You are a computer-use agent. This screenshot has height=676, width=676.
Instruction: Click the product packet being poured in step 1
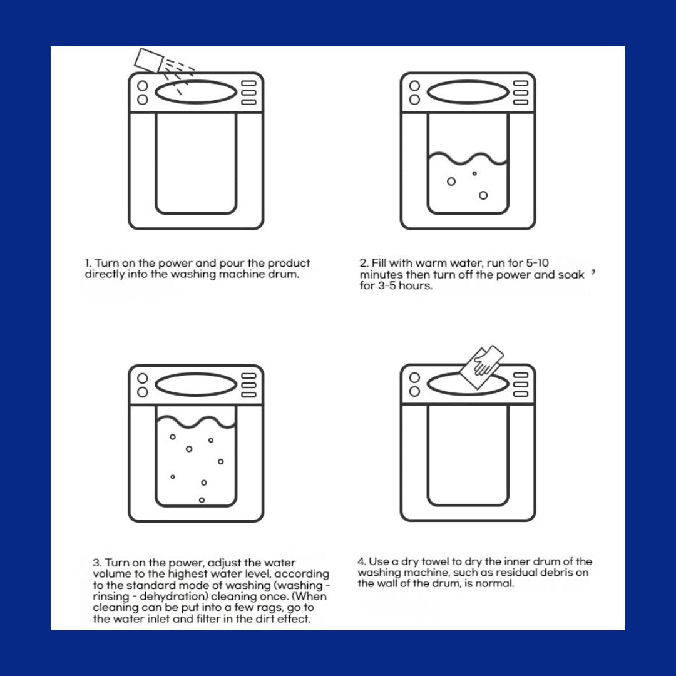point(149,60)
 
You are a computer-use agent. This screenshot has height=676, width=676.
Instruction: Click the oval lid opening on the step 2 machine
point(468,92)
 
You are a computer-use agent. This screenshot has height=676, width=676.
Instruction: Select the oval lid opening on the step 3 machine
point(196,384)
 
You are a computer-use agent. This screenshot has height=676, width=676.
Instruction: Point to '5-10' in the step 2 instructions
point(537,263)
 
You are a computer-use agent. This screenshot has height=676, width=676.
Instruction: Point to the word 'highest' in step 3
point(185,574)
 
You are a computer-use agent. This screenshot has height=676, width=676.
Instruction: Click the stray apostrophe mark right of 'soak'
point(593,272)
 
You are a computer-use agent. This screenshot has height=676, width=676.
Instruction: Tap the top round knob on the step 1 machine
point(143,86)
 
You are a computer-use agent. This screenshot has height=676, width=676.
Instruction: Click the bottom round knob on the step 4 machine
point(414,391)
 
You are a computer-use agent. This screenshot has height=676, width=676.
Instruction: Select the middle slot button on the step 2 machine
point(520,93)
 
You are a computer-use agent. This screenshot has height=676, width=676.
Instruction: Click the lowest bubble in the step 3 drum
point(202,500)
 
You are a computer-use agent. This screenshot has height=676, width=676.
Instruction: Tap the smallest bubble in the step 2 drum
point(474,174)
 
